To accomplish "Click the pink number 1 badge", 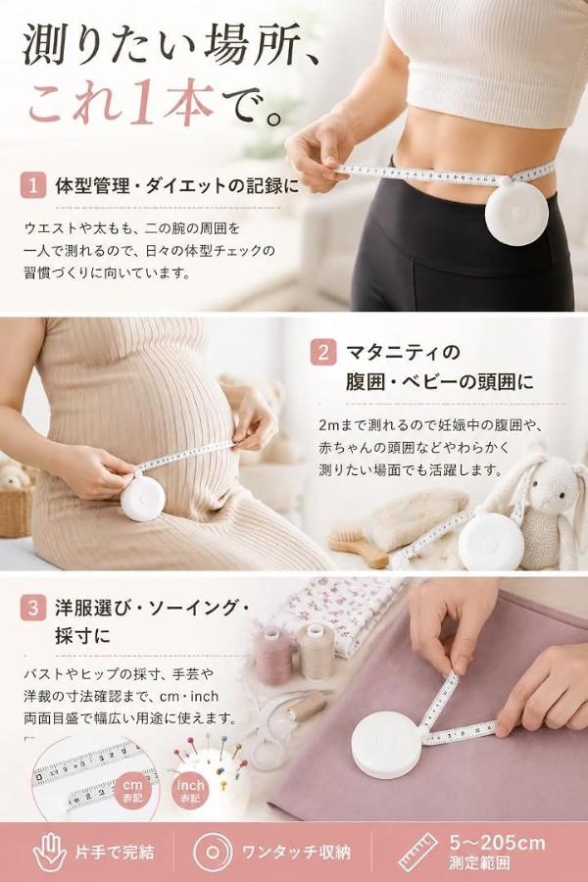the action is click(x=32, y=186).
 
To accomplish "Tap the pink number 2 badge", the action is click(x=323, y=352).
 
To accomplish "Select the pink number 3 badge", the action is click(x=32, y=608).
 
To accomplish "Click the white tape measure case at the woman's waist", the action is click(x=516, y=212).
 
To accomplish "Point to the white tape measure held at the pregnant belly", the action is click(x=143, y=498).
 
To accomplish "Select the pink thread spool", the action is click(x=273, y=656).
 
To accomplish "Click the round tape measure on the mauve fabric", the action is click(x=387, y=746).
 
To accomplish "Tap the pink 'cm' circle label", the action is click(x=133, y=789).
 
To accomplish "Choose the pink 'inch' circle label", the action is click(x=190, y=789).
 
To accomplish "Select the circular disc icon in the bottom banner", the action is click(x=212, y=853).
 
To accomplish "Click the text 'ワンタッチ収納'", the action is click(x=297, y=853).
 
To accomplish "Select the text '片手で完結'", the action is click(x=115, y=853).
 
